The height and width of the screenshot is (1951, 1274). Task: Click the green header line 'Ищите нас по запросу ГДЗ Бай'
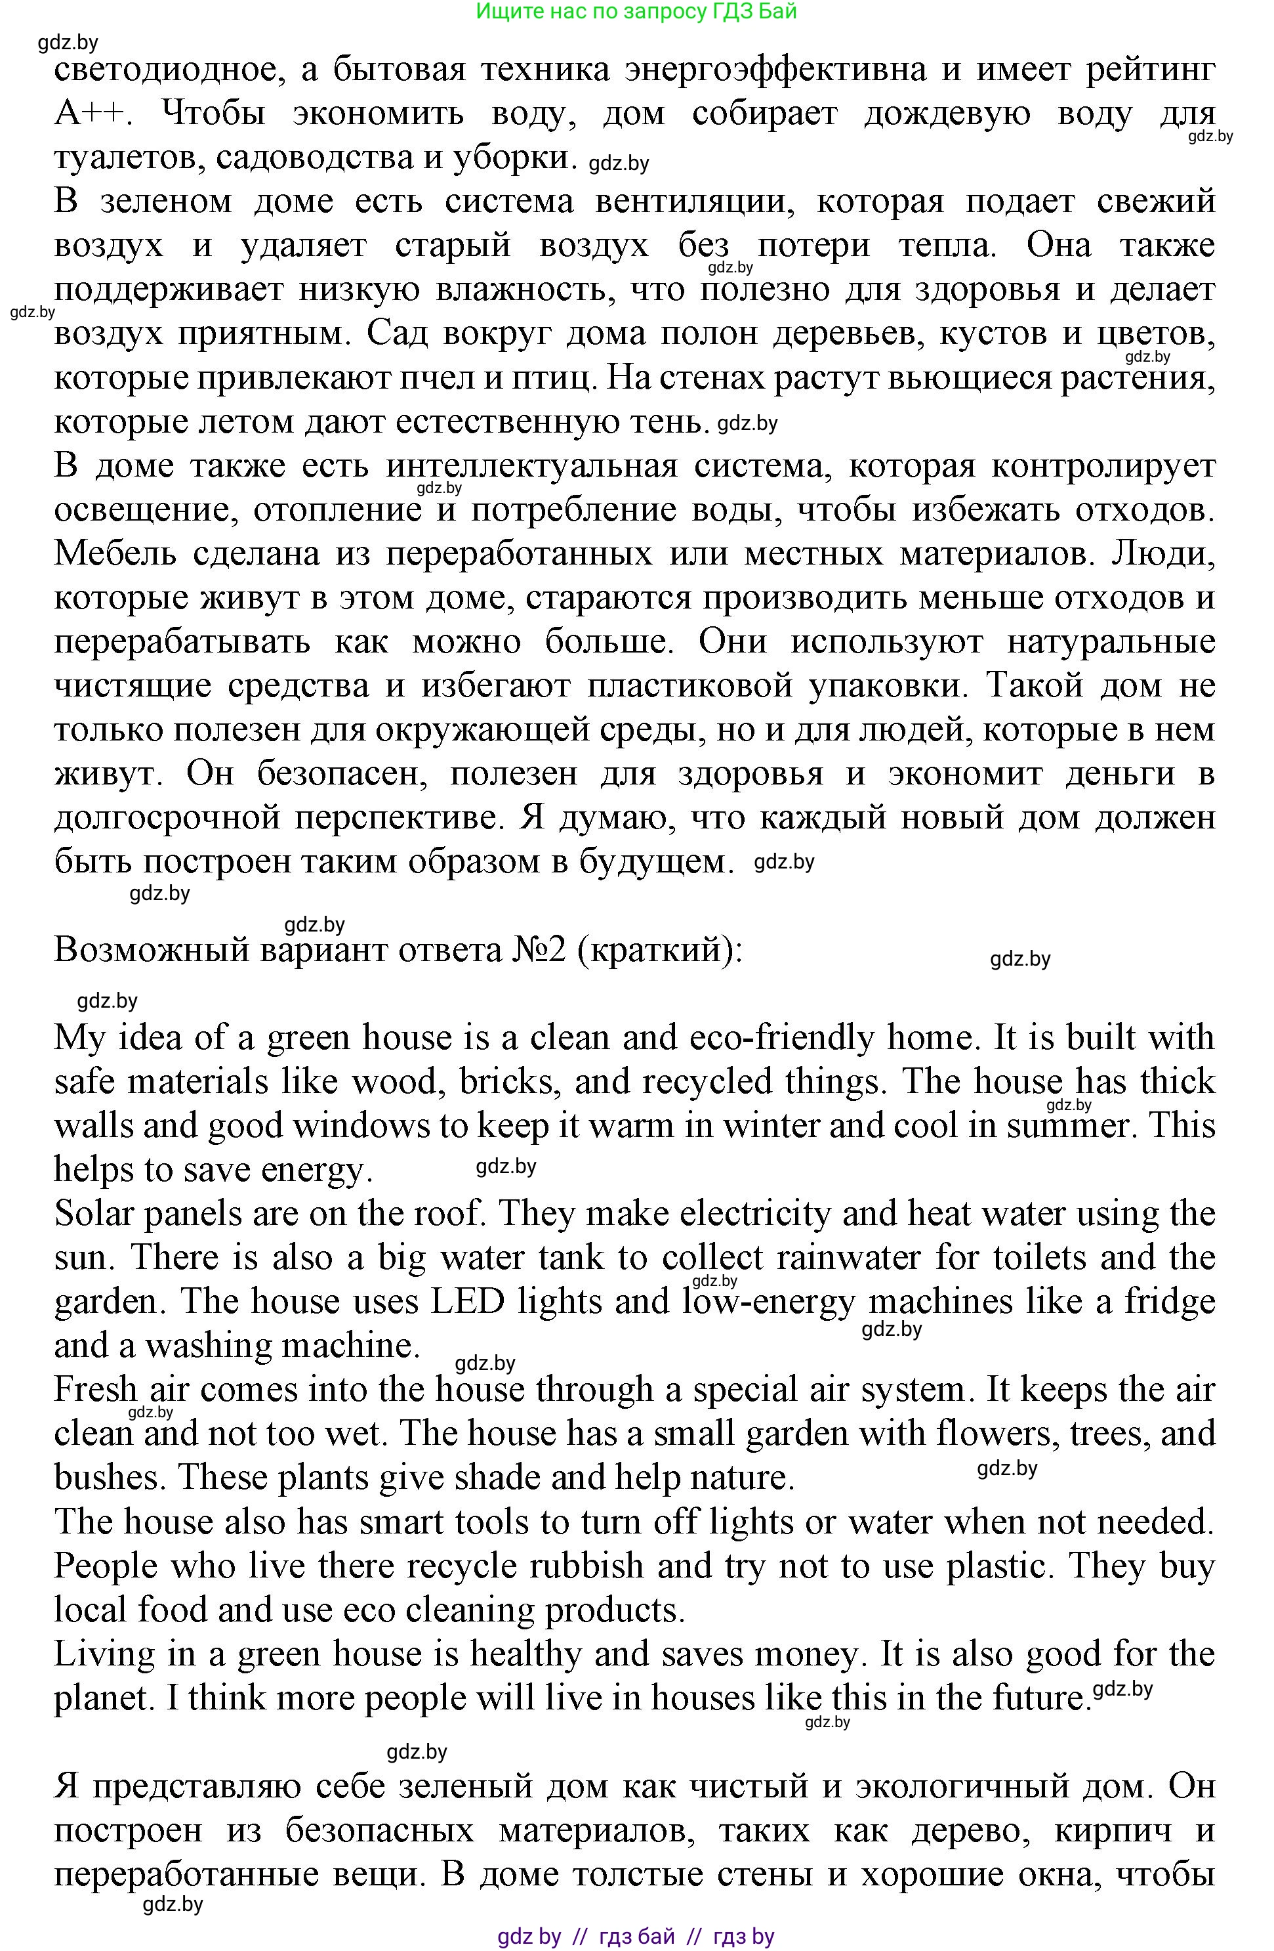[636, 11]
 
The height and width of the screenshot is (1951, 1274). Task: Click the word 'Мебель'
[115, 554]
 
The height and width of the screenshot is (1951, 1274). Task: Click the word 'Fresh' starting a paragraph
[96, 1390]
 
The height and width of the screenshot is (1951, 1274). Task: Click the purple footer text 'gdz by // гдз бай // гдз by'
[636, 1937]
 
